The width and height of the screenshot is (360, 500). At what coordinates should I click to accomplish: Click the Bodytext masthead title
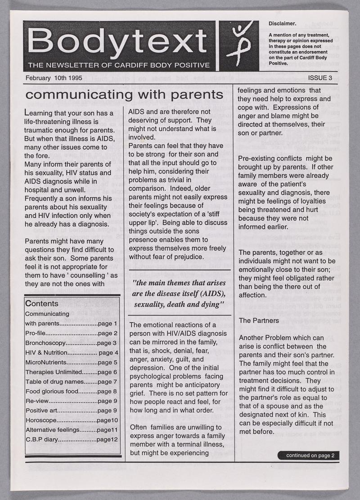[118, 41]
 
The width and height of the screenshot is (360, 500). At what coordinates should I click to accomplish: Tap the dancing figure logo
[238, 45]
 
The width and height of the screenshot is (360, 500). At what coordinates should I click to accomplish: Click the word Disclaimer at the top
[282, 23]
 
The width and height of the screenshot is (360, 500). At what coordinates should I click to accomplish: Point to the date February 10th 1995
[52, 77]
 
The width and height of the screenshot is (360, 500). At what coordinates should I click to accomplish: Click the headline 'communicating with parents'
[125, 95]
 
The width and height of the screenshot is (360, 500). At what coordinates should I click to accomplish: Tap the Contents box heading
[42, 303]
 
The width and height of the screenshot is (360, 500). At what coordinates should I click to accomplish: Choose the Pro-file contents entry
[72, 333]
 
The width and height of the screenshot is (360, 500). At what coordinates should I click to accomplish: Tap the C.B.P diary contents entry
[72, 439]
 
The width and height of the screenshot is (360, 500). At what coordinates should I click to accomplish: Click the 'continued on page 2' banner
[310, 455]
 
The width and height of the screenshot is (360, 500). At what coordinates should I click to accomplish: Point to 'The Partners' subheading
[258, 320]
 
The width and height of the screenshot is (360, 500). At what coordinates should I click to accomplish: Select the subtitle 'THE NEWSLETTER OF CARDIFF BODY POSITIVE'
[118, 65]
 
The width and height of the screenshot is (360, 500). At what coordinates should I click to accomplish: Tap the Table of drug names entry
[72, 382]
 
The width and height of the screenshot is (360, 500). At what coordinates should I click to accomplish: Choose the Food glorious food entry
[72, 391]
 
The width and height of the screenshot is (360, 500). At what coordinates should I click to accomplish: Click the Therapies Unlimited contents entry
[72, 372]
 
